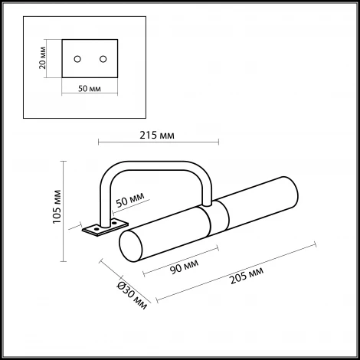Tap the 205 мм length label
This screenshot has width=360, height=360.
pyautogui.click(x=250, y=273)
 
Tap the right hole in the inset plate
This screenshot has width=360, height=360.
pyautogui.click(x=102, y=58)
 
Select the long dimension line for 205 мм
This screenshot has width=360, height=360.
pyautogui.click(x=237, y=272)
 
